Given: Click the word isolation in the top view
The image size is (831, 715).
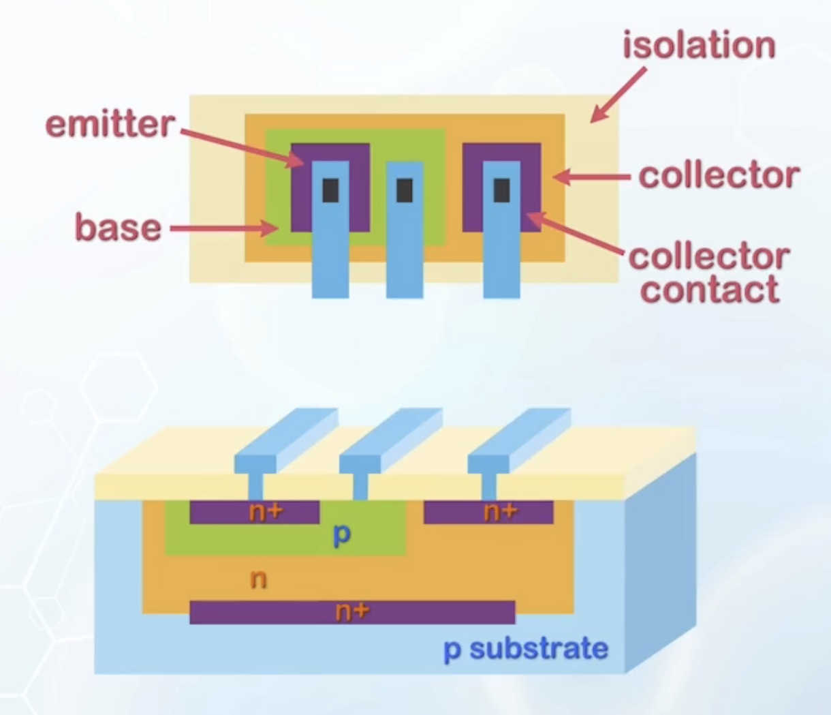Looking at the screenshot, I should coord(699,46).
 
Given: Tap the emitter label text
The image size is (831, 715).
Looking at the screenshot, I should coord(110,125).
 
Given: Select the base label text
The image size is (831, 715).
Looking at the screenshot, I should coord(118,227).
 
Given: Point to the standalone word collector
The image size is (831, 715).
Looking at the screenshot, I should coord(719,176).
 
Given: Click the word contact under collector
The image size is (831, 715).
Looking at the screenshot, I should coord(710,290).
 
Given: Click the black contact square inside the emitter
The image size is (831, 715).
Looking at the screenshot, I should coord(330,190).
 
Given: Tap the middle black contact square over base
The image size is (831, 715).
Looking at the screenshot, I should coord(405,190).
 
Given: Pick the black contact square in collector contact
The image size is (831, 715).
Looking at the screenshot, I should coord(501,190).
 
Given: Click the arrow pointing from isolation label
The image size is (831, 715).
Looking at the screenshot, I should coord(617,95).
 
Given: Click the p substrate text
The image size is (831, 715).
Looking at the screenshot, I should coord(525,648).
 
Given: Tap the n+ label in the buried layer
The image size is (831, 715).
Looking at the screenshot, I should coord(351,612).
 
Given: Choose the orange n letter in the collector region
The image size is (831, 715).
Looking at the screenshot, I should coord(258,579).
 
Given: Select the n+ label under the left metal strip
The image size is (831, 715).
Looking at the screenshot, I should coord(265,512).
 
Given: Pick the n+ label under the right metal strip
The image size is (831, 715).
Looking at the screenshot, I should coord(500,512).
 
